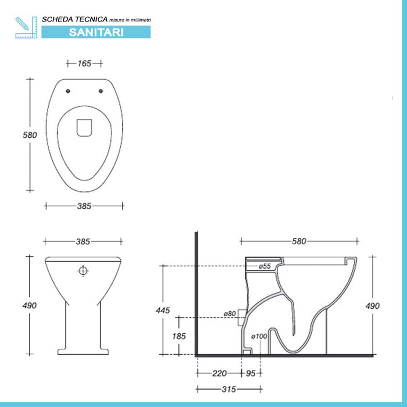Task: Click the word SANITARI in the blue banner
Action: tap(96, 33)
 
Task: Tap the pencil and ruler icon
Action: tap(26, 27)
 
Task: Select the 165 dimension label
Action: tap(85, 63)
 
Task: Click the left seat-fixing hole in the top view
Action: tap(68, 91)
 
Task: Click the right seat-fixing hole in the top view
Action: tap(101, 91)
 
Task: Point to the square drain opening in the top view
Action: tap(84, 128)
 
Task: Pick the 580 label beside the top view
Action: tap(30, 135)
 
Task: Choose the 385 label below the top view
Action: tap(84, 206)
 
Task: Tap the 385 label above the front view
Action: tap(83, 242)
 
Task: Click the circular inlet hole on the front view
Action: tap(83, 271)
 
